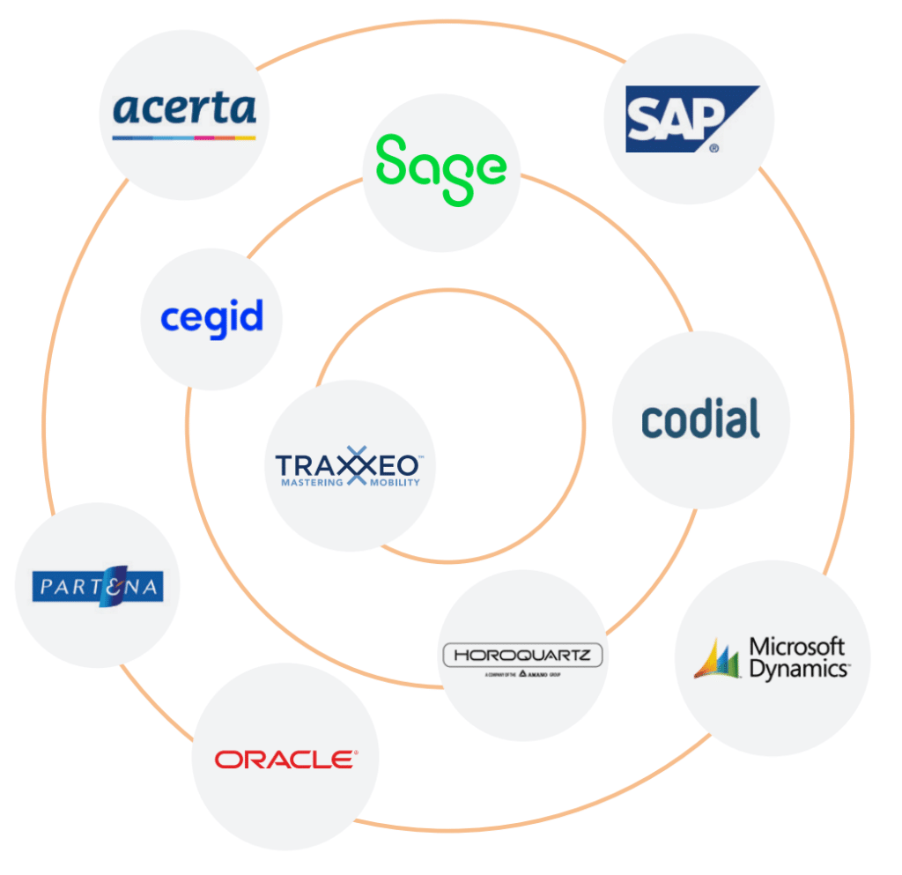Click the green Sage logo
(441, 168)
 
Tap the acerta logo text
(185, 109)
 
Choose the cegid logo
(211, 317)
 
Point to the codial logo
(700, 419)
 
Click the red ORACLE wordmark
(285, 759)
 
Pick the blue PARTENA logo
(97, 587)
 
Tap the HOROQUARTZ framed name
(522, 656)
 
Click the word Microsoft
(797, 647)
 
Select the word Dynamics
(798, 669)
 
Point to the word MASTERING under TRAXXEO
(311, 483)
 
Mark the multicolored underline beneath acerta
(184, 137)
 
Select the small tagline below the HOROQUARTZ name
(522, 674)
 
